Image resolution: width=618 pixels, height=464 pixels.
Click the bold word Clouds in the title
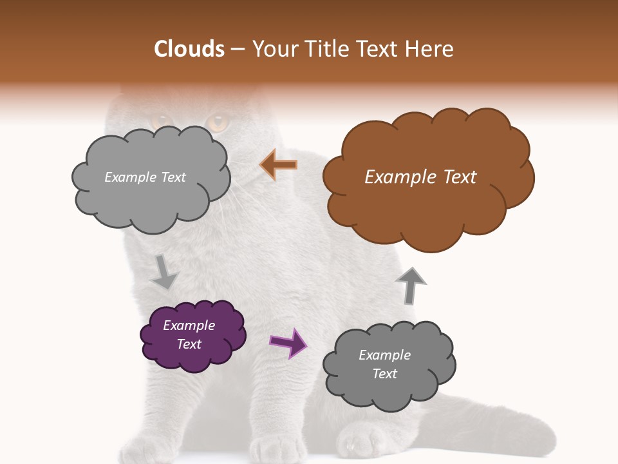(x=189, y=48)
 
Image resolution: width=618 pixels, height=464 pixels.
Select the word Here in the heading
(x=430, y=48)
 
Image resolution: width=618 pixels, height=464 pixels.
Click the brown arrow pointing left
(x=279, y=165)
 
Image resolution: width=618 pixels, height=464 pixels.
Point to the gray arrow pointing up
(x=411, y=285)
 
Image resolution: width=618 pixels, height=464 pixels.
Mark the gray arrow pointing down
(x=164, y=272)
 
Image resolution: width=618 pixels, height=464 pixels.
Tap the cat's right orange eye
(x=218, y=121)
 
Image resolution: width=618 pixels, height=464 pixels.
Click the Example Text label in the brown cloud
(x=420, y=177)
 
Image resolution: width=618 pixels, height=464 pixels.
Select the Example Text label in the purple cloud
(x=189, y=334)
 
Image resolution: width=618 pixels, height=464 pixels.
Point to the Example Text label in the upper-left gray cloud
(x=145, y=177)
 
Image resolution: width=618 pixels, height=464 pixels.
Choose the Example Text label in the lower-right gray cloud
(x=384, y=364)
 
